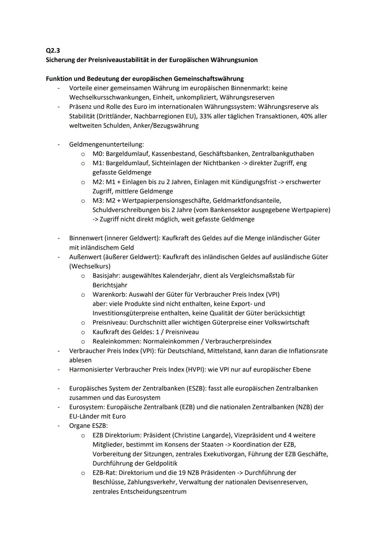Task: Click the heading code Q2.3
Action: (x=53, y=50)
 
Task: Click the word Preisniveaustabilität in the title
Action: (x=117, y=60)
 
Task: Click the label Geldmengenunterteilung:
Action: (x=107, y=145)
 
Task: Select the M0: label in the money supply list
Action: (x=98, y=154)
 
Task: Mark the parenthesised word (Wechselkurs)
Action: (x=90, y=266)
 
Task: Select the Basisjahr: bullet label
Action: (x=107, y=276)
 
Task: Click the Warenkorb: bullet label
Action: (x=109, y=294)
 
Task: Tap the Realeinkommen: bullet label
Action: (x=115, y=341)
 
